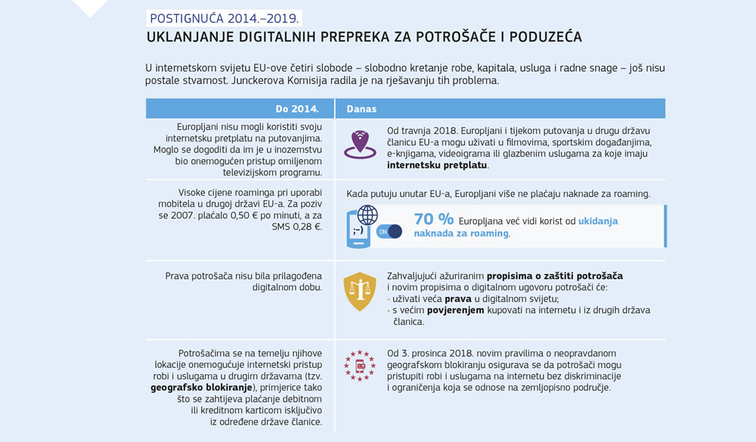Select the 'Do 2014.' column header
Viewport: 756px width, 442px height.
[x=291, y=109]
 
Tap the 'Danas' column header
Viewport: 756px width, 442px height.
[x=361, y=109]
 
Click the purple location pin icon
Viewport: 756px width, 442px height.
[x=359, y=144]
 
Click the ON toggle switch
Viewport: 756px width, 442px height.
[x=389, y=231]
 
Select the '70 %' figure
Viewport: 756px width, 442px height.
[x=434, y=220]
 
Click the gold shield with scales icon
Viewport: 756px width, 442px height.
[x=359, y=291]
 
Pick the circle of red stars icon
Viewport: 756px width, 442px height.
[x=360, y=365]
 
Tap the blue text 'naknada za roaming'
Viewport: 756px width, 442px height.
[x=461, y=233]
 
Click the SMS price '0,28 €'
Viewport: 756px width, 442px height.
[x=305, y=226]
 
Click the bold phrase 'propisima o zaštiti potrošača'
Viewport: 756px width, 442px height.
[x=554, y=276]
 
